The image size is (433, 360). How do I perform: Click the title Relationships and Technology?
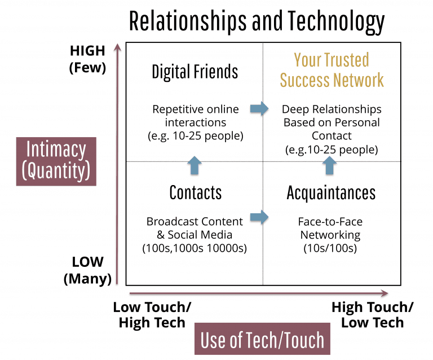pyautogui.click(x=257, y=21)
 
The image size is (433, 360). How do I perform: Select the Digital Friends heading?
pyautogui.click(x=195, y=72)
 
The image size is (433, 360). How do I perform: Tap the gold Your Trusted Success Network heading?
pyautogui.click(x=332, y=70)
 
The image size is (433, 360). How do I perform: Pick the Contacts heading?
pyautogui.click(x=195, y=192)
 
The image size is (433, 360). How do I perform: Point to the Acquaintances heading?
pyautogui.click(x=331, y=192)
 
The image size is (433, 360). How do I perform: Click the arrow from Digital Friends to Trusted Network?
pyautogui.click(x=259, y=109)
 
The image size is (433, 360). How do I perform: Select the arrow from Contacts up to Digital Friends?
pyautogui.click(x=194, y=165)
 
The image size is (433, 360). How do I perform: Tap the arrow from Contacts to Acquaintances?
pyautogui.click(x=259, y=216)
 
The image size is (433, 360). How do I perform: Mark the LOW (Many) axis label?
pyautogui.click(x=87, y=270)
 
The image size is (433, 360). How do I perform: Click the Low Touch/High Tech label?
pyautogui.click(x=152, y=315)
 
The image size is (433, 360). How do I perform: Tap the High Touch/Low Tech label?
pyautogui.click(x=372, y=315)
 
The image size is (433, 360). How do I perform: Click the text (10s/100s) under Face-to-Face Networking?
pyautogui.click(x=330, y=247)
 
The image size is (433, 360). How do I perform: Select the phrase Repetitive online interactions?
pyautogui.click(x=196, y=115)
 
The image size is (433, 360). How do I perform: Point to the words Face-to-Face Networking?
pyautogui.click(x=330, y=228)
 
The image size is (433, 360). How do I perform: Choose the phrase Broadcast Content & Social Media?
pyautogui.click(x=195, y=227)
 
